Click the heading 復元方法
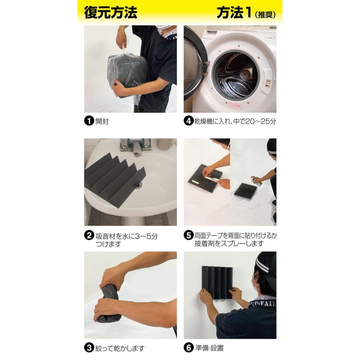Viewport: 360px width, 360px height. coord(110,12)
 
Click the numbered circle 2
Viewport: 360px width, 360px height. coord(89,235)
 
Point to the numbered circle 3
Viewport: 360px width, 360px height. coord(89,348)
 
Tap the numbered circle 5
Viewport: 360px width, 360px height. coord(188,235)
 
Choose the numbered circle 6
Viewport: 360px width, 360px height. coord(188,348)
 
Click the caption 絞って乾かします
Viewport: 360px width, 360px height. coord(120,348)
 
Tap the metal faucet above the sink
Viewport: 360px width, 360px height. coord(136,146)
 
